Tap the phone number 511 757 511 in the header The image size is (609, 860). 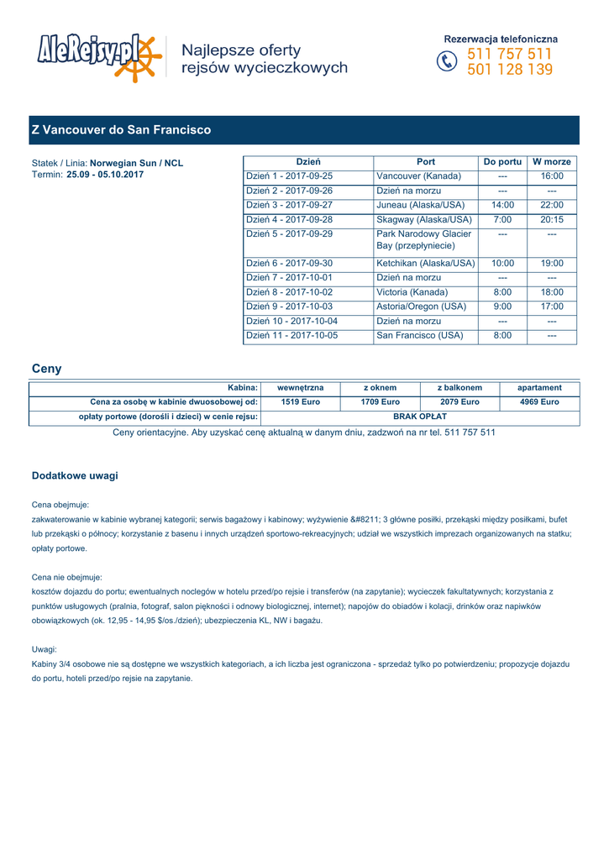pos(510,55)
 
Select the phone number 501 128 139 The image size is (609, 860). pos(510,70)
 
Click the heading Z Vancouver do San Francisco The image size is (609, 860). pos(121,130)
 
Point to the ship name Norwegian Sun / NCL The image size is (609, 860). pos(136,163)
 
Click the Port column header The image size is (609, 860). pos(426,161)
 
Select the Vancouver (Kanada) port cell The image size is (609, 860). pos(419,176)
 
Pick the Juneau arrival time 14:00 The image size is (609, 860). pos(502,205)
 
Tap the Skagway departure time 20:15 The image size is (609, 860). pos(552,219)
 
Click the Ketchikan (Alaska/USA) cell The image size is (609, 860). pos(425,263)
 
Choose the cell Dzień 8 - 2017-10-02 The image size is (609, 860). pos(289,292)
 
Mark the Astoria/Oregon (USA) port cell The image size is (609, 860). pos(421,307)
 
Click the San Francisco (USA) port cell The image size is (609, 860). pos(420,335)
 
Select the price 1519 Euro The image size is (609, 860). pos(300,402)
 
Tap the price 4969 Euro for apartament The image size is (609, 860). pos(539,402)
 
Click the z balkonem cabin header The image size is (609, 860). pos(459,388)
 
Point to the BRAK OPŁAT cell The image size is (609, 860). pos(420,417)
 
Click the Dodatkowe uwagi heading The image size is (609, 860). pos(75,475)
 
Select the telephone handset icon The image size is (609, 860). pos(448,62)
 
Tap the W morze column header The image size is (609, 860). pos(552,161)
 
